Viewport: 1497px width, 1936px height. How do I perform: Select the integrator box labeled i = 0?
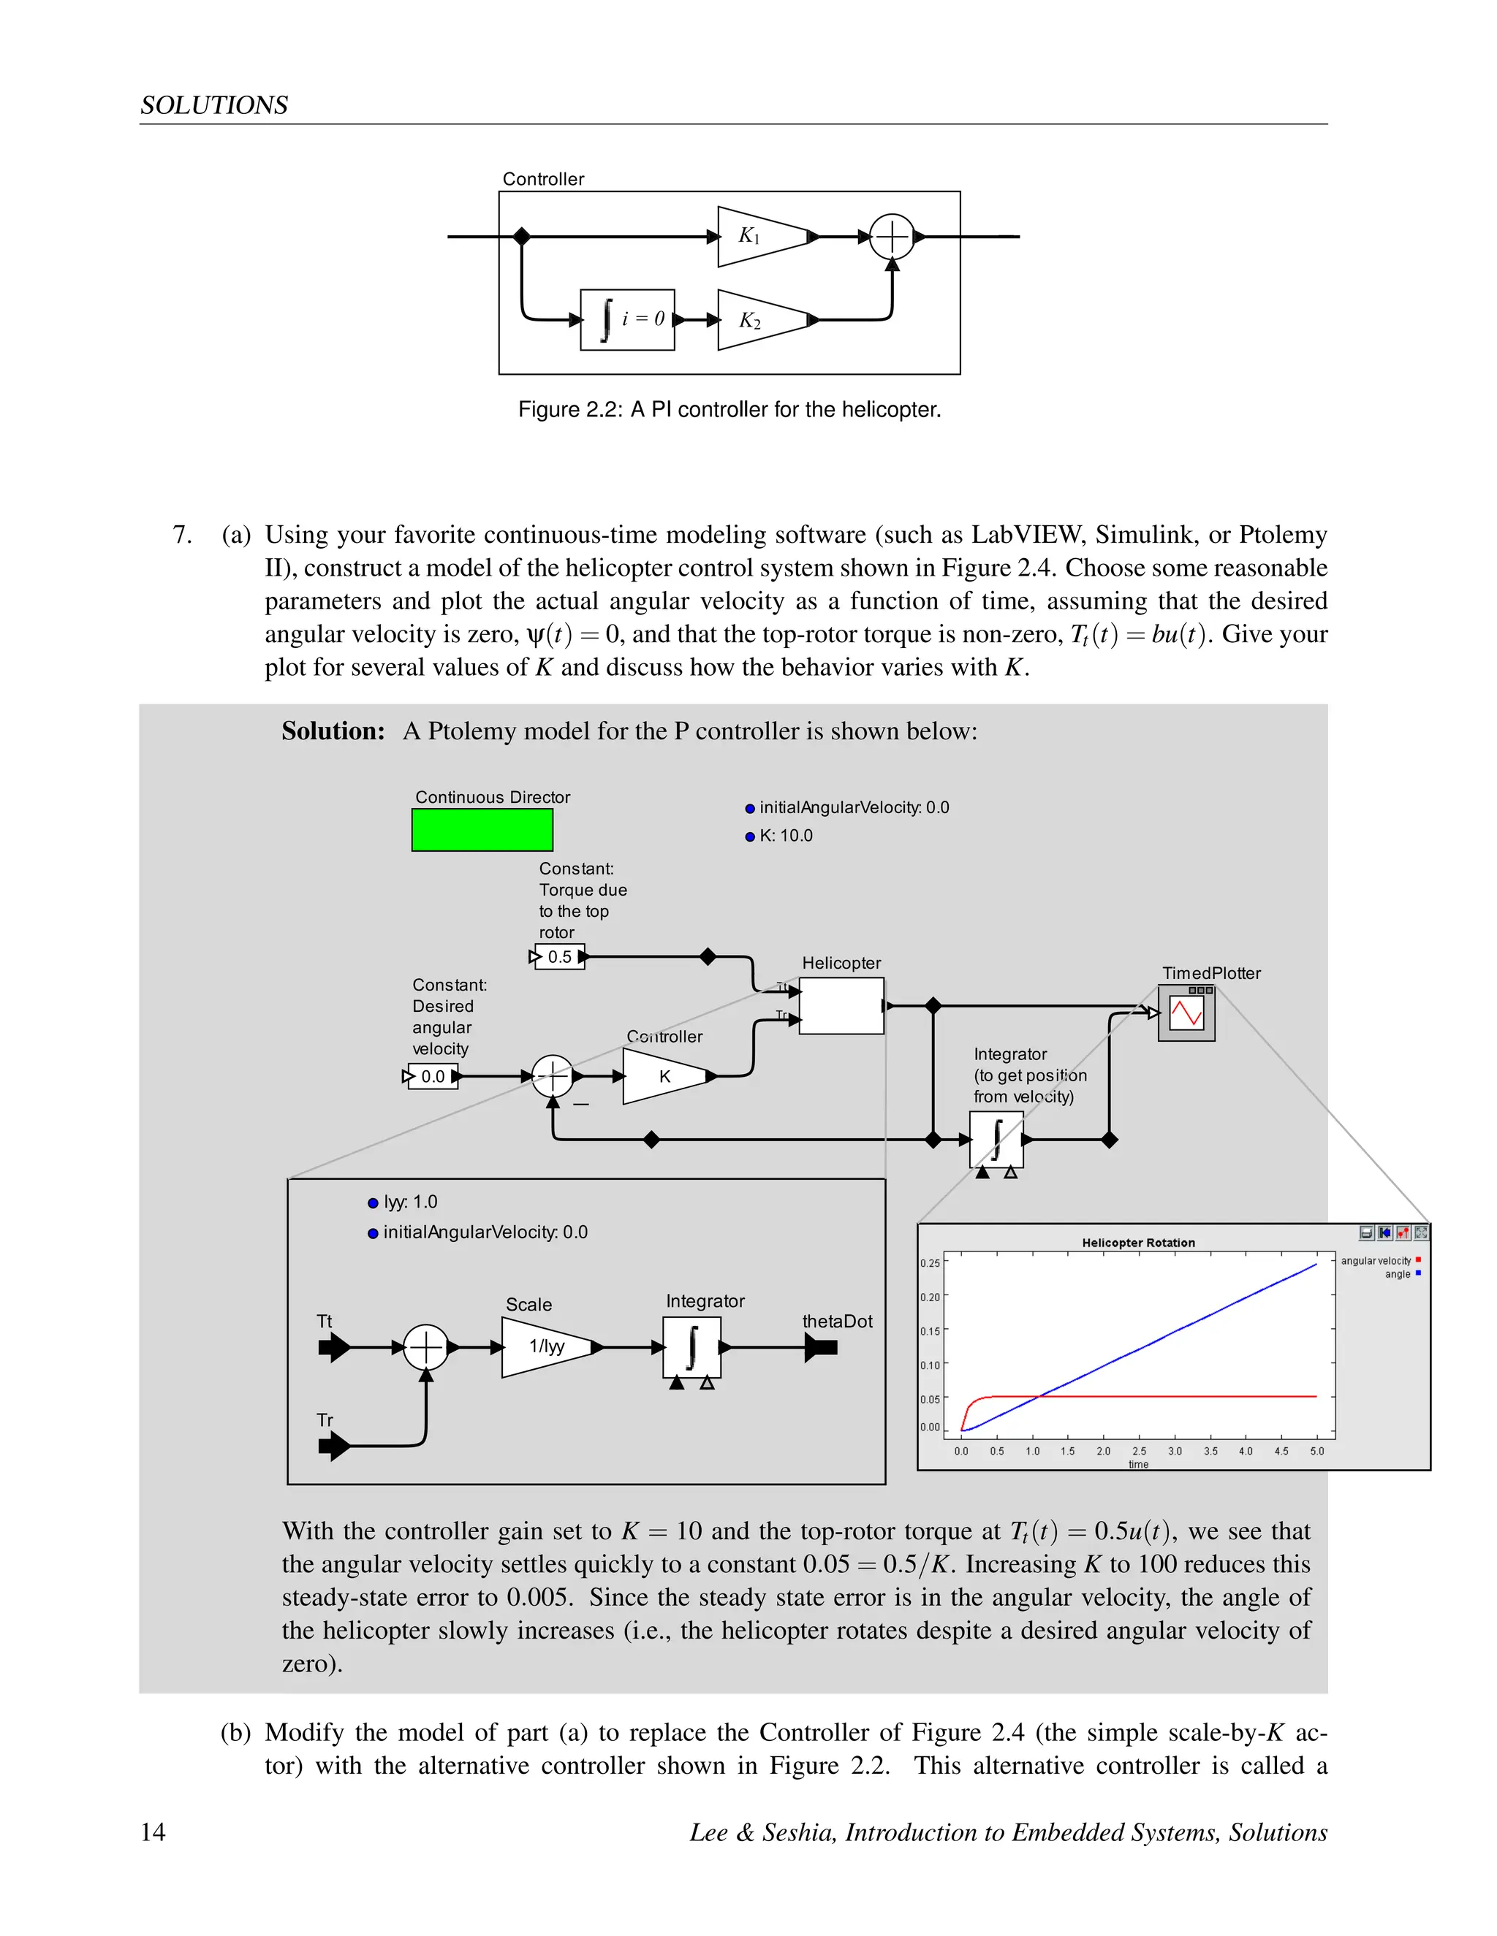point(627,320)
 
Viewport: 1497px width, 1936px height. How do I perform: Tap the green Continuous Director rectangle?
point(482,830)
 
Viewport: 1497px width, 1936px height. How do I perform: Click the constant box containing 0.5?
point(560,957)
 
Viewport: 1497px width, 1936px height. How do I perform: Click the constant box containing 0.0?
point(433,1077)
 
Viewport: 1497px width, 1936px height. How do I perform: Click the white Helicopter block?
point(841,1006)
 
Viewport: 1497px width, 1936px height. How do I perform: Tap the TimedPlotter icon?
point(1186,1013)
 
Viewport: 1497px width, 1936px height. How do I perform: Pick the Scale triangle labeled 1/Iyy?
point(546,1346)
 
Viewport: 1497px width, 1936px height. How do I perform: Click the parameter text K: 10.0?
point(785,836)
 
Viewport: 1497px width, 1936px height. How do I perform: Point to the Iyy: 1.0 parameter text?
point(410,1202)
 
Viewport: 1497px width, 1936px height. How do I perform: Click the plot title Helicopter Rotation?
point(1138,1243)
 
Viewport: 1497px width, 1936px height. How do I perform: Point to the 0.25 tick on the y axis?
point(930,1263)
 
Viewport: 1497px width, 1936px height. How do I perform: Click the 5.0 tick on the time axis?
point(1317,1451)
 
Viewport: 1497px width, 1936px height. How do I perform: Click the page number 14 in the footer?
point(153,1832)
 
